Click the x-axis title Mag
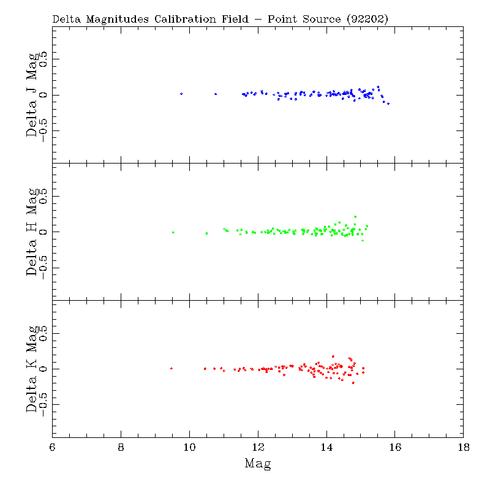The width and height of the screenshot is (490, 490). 258,464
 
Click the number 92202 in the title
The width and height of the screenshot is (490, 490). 366,19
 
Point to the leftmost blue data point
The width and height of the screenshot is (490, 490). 181,94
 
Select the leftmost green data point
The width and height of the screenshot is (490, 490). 173,232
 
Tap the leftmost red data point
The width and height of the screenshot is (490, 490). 171,368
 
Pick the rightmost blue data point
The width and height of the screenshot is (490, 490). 388,104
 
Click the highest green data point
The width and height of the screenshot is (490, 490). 355,216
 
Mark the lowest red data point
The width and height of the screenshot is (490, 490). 353,383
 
